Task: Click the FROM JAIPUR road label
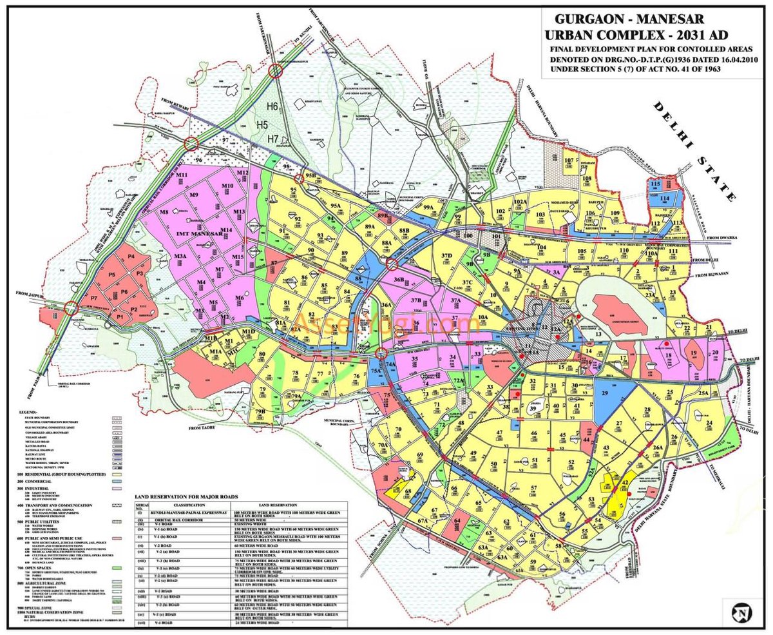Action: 30,295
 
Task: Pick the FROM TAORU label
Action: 205,427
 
